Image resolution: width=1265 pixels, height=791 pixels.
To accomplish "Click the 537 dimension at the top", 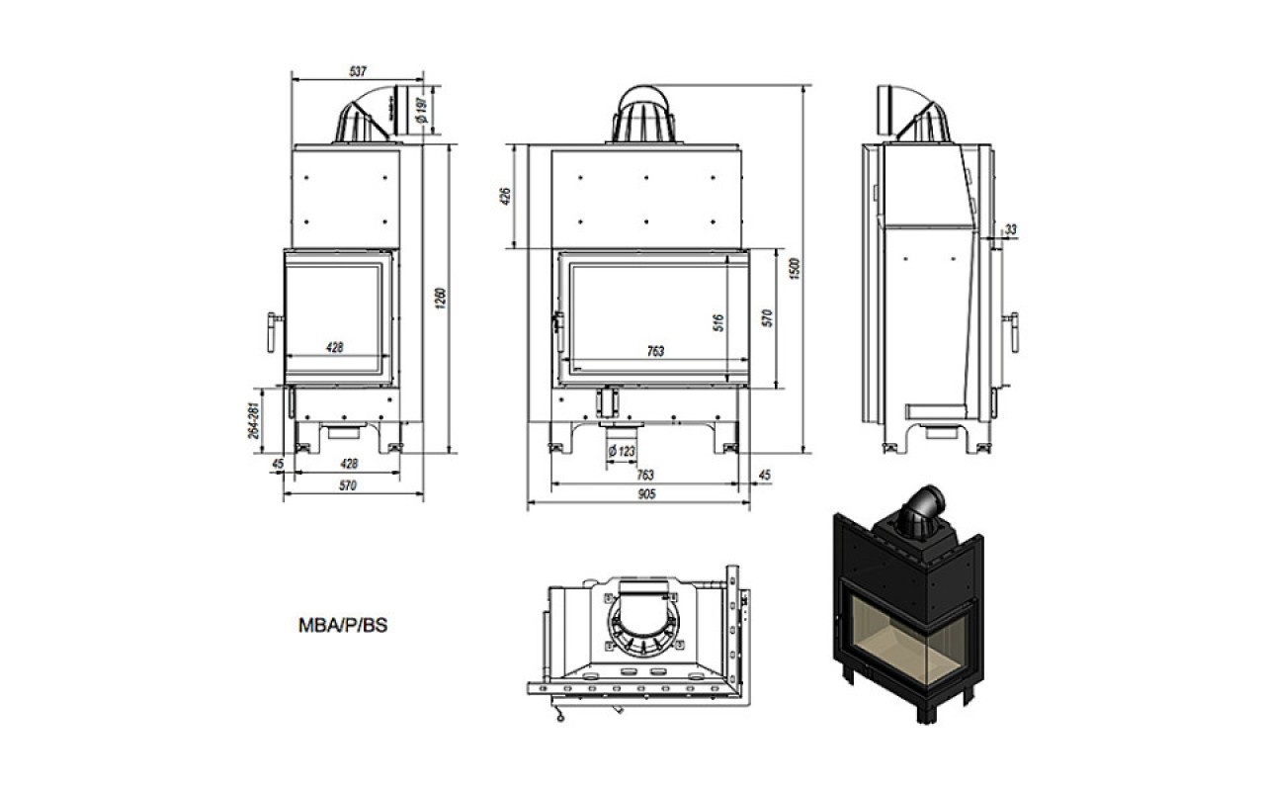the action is [x=358, y=72].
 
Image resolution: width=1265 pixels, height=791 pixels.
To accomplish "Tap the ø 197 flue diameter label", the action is [x=422, y=110].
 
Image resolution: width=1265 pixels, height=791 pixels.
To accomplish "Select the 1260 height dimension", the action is [x=441, y=298].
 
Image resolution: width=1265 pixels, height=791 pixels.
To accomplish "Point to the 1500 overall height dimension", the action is [x=794, y=268].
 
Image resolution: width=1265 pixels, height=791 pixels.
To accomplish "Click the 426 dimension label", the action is [x=505, y=196].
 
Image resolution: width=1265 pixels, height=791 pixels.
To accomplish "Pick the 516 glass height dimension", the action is [x=718, y=322].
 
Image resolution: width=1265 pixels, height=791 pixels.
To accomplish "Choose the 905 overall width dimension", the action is [x=646, y=494].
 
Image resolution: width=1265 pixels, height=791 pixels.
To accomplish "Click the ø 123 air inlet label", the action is [x=622, y=452].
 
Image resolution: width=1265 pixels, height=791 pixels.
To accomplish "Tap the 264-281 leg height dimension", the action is [x=254, y=420].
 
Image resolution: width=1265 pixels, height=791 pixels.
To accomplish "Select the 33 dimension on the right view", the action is [x=1011, y=229].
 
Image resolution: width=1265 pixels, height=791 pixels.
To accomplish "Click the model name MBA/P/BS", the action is [x=343, y=626].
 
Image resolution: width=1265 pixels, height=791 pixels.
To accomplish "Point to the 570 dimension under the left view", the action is [x=348, y=485].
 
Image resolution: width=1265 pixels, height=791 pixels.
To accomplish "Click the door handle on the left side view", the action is [x=274, y=332].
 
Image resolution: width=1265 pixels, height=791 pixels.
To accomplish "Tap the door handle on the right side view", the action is [x=1012, y=332].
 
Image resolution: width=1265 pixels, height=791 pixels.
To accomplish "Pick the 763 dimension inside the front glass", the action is [x=655, y=351].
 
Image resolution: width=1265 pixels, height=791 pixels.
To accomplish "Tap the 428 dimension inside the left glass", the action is [x=335, y=347].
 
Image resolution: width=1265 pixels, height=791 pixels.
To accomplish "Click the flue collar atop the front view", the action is [x=643, y=115].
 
